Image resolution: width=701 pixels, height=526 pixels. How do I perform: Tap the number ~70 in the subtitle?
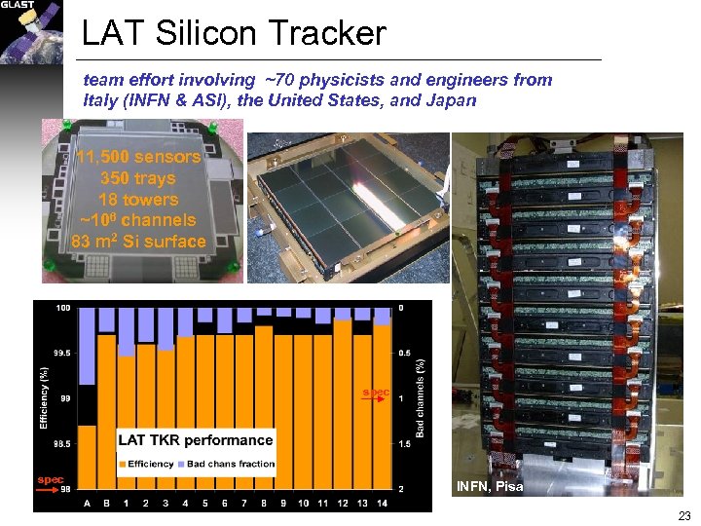[265, 80]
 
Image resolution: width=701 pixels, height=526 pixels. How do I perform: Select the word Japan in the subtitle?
[450, 99]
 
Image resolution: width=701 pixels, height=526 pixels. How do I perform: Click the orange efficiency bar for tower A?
[87, 458]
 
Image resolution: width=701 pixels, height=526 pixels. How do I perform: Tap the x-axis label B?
[106, 503]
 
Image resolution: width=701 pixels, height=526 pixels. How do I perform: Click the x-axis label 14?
[383, 503]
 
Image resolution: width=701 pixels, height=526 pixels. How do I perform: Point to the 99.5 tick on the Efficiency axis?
[59, 354]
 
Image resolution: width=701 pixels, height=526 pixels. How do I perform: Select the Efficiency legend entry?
[147, 464]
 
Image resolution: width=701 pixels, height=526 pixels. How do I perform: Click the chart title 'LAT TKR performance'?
[195, 440]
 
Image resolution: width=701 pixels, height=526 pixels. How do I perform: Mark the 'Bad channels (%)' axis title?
[422, 397]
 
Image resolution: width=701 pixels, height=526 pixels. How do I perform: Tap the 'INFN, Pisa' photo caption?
[490, 486]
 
